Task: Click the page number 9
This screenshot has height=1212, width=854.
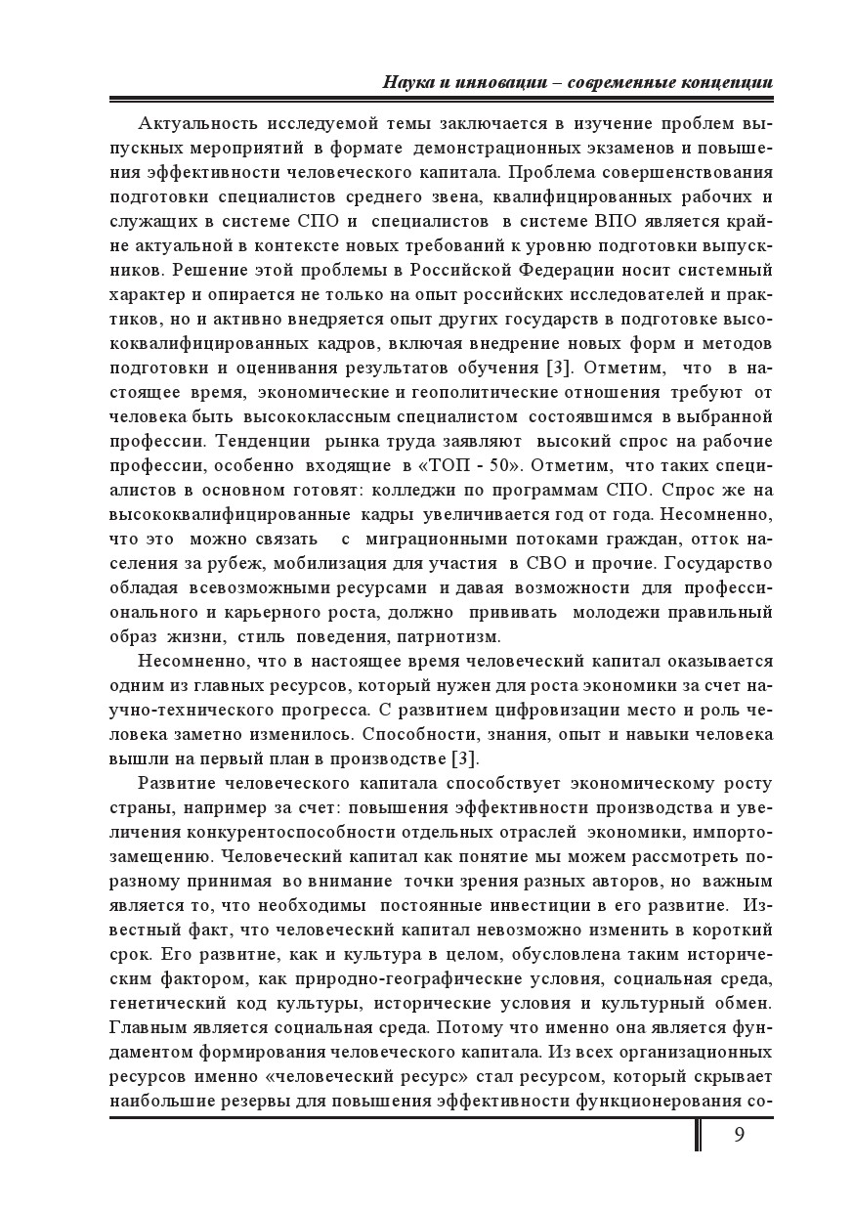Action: click(x=738, y=1134)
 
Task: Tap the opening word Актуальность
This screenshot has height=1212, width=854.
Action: click(x=198, y=122)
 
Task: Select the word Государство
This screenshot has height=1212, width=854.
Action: click(x=718, y=564)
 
